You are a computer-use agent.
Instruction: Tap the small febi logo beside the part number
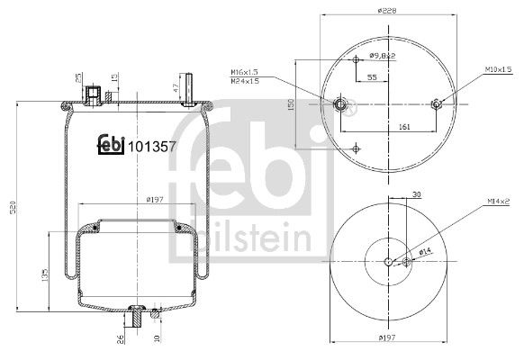coord(111,144)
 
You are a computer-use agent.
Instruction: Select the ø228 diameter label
coord(387,12)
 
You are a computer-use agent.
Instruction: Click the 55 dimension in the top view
coord(371,78)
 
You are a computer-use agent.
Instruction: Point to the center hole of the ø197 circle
coord(388,262)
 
